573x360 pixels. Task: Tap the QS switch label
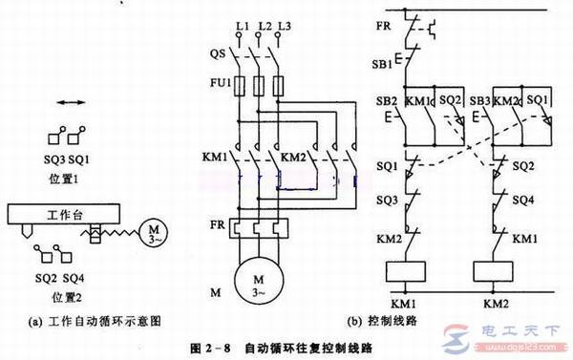click(x=219, y=54)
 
